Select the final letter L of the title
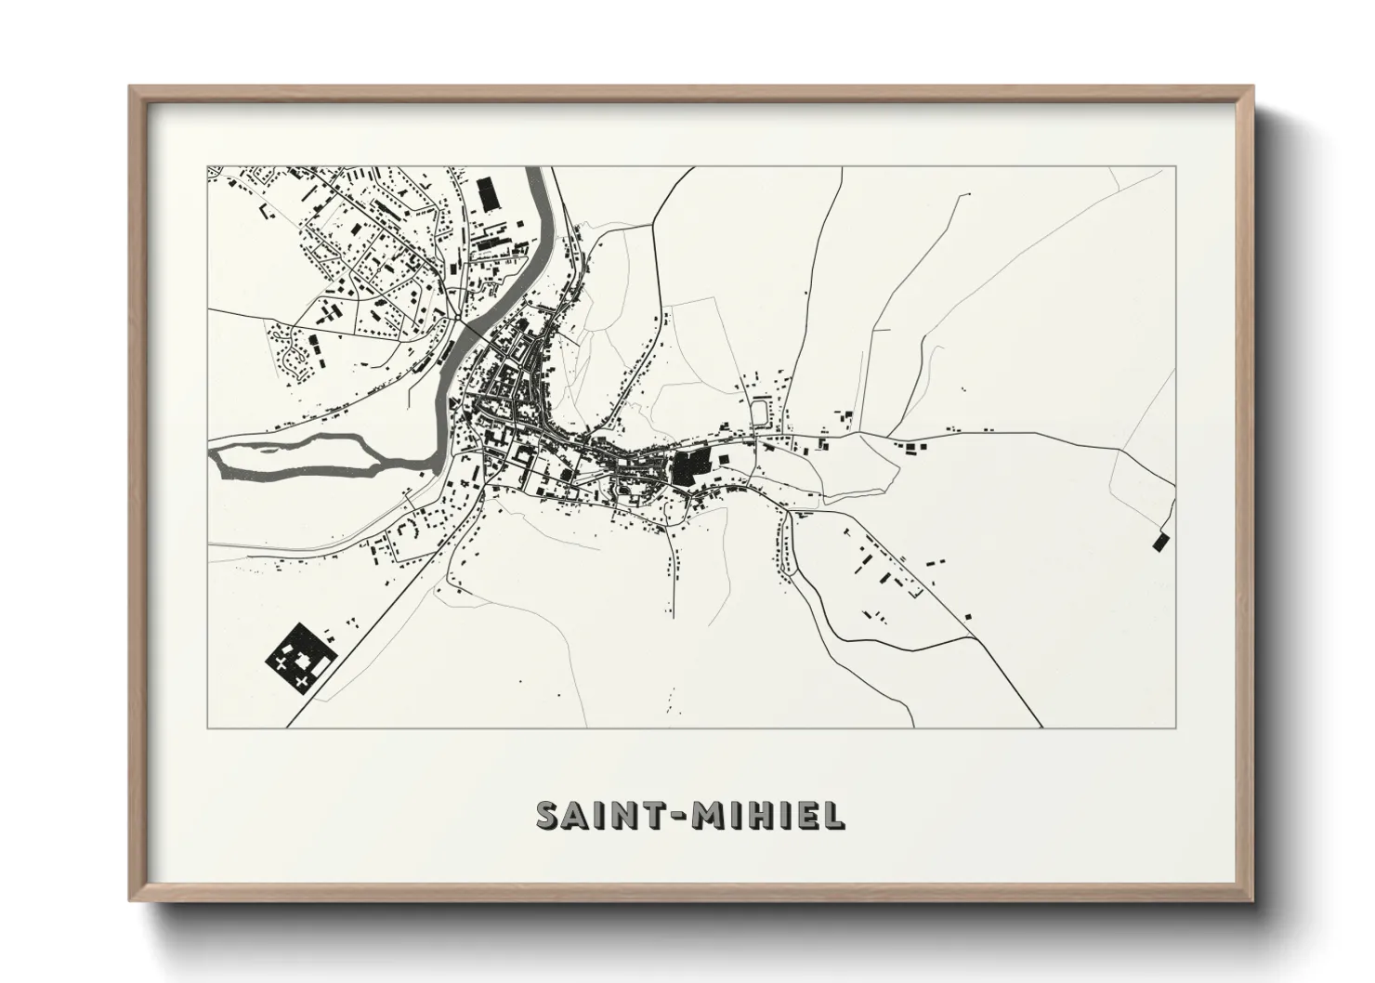click(835, 815)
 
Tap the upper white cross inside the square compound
click(282, 662)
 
